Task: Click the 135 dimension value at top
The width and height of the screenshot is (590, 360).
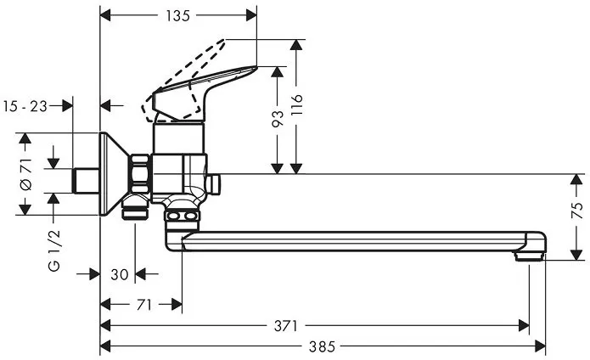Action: (x=177, y=15)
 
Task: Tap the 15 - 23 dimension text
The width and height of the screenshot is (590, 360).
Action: (x=25, y=105)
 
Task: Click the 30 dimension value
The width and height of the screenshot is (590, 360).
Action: (x=119, y=273)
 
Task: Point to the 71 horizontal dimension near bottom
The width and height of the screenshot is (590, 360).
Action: (x=143, y=304)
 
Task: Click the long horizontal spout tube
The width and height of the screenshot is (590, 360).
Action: (x=357, y=242)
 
